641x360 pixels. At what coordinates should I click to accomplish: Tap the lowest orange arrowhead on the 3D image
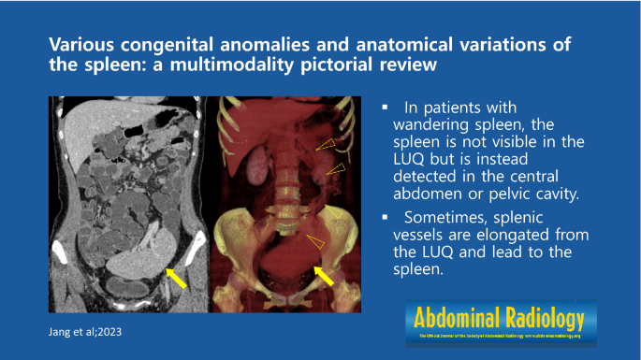point(316,242)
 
